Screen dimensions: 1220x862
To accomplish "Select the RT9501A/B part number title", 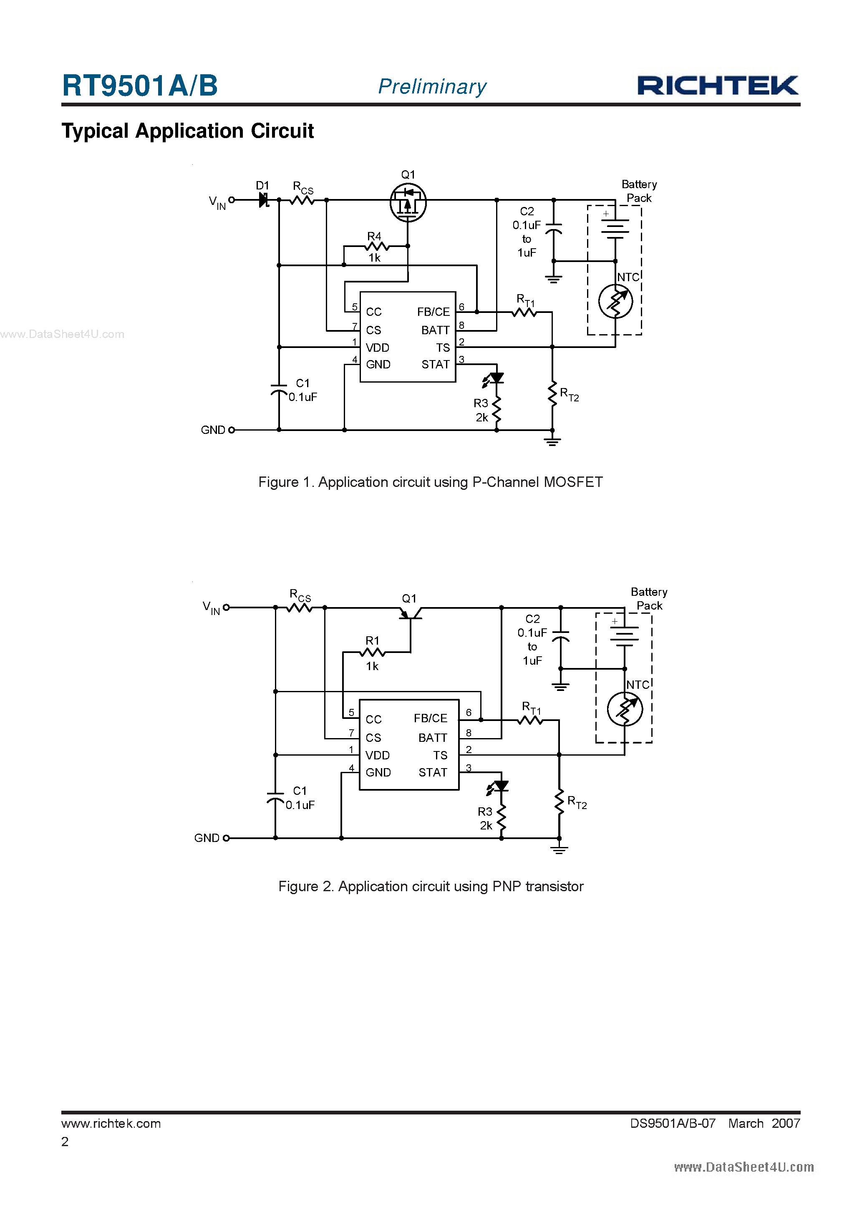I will (x=140, y=86).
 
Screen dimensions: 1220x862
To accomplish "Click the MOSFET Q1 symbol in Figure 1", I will (x=408, y=202).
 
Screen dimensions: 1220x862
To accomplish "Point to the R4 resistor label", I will (x=374, y=236).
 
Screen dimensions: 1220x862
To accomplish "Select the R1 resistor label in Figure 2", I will (x=372, y=640).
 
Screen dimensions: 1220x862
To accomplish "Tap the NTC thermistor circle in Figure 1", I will (x=615, y=301).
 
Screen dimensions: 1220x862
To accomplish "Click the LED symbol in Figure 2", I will (x=499, y=786).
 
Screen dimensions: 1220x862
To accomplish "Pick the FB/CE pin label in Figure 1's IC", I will (x=433, y=312).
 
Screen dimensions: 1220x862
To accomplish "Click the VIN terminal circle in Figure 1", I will (x=232, y=200).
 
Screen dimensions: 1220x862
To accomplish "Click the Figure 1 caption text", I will (x=431, y=482).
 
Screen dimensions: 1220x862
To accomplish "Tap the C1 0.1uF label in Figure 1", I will (x=303, y=390).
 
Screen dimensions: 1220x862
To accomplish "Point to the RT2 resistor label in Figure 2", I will (x=577, y=802).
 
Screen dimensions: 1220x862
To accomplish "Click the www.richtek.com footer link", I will (x=111, y=1123).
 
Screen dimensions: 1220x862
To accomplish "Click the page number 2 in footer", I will (x=65, y=1142).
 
